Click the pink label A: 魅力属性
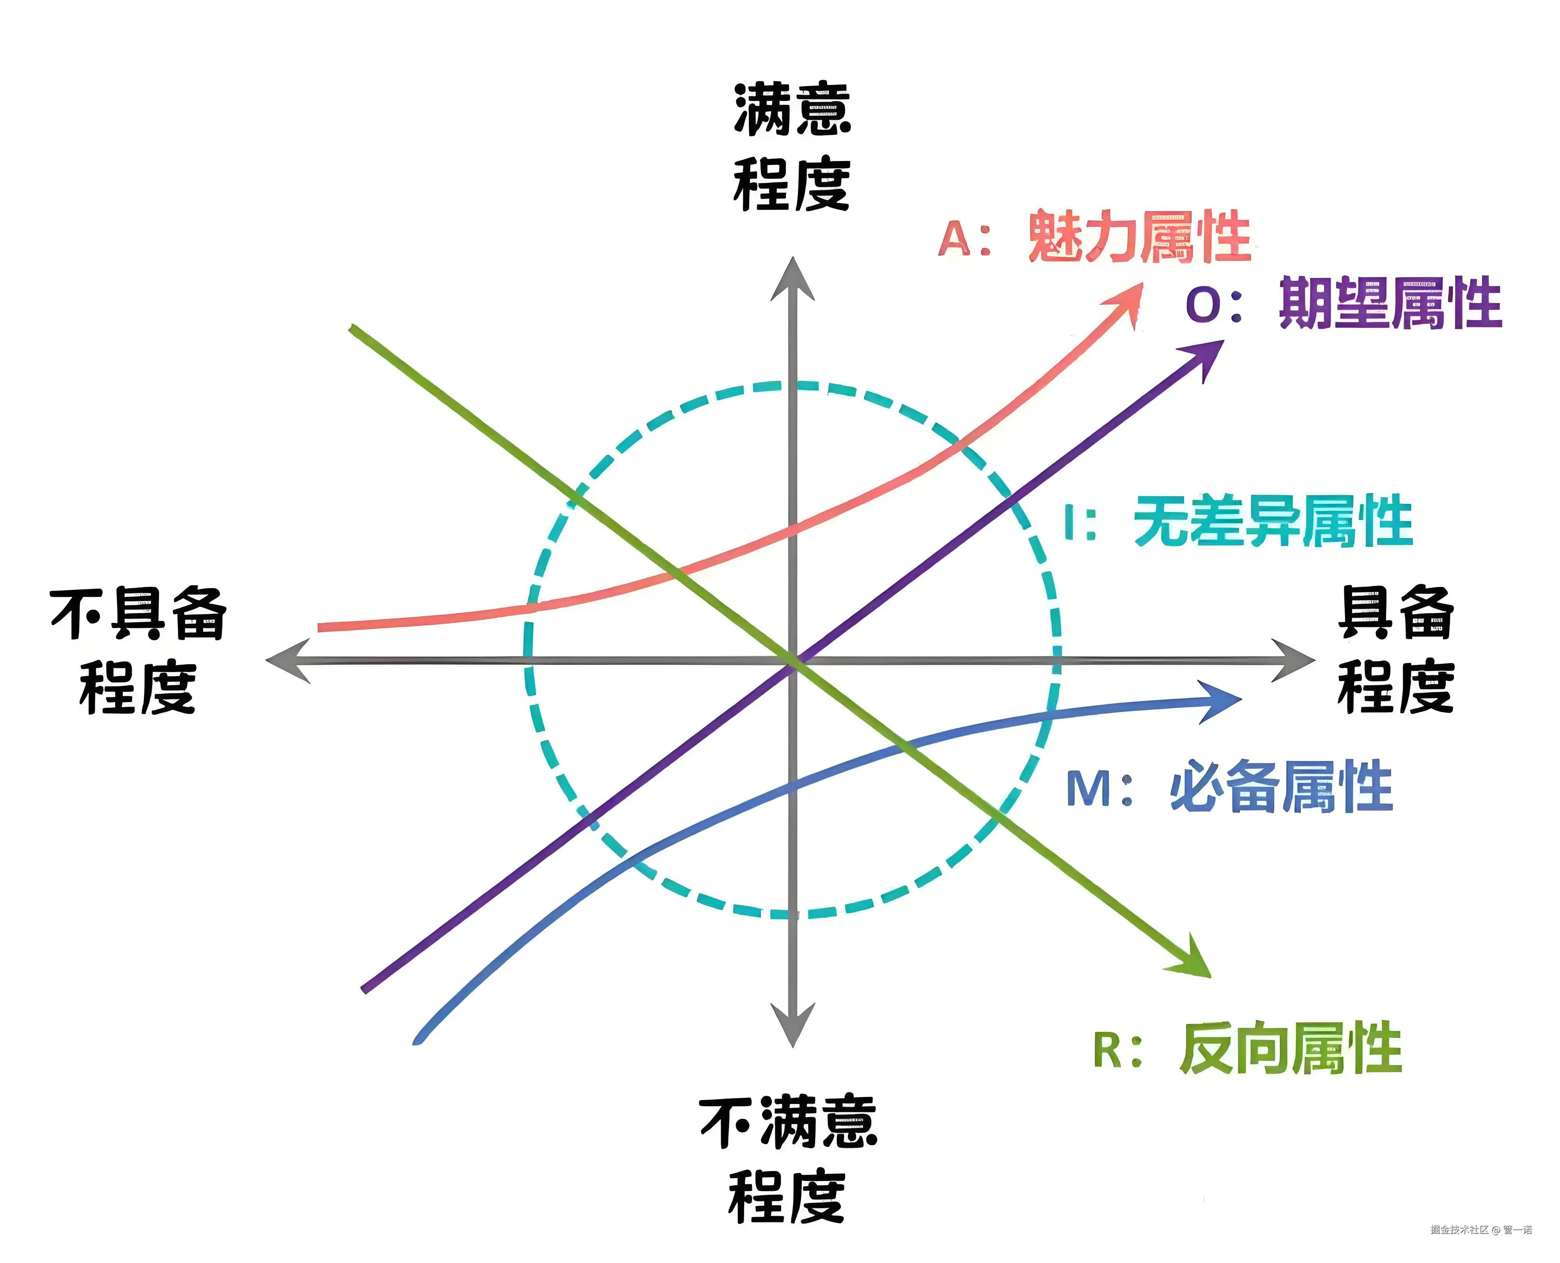pos(1094,237)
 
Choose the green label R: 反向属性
pos(1247,1048)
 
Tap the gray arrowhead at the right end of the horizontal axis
pos(1296,661)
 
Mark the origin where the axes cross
pos(793,661)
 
